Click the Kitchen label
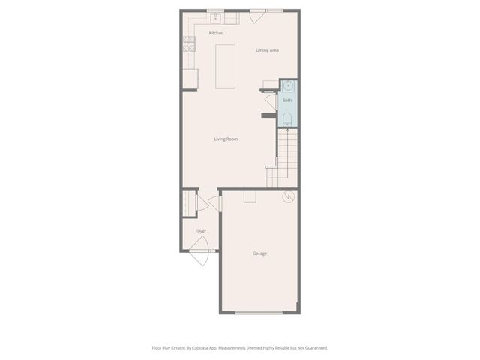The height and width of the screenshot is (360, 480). pos(216,33)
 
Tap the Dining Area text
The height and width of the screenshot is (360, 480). pos(268,50)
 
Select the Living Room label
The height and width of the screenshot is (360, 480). pos(226,139)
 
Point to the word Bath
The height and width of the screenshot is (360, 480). pos(287,100)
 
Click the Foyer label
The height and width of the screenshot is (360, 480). pos(200,231)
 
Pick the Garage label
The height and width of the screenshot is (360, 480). pos(259,253)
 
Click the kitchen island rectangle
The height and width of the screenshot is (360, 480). pos(226,66)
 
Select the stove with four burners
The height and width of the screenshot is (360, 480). pos(188,44)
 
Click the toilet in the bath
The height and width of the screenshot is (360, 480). pos(287,118)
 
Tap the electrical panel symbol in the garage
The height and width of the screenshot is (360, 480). pos(287,198)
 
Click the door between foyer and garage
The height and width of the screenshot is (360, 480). pos(216,203)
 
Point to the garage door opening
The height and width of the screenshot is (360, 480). pos(259,312)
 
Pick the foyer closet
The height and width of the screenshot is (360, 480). pos(188,203)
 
